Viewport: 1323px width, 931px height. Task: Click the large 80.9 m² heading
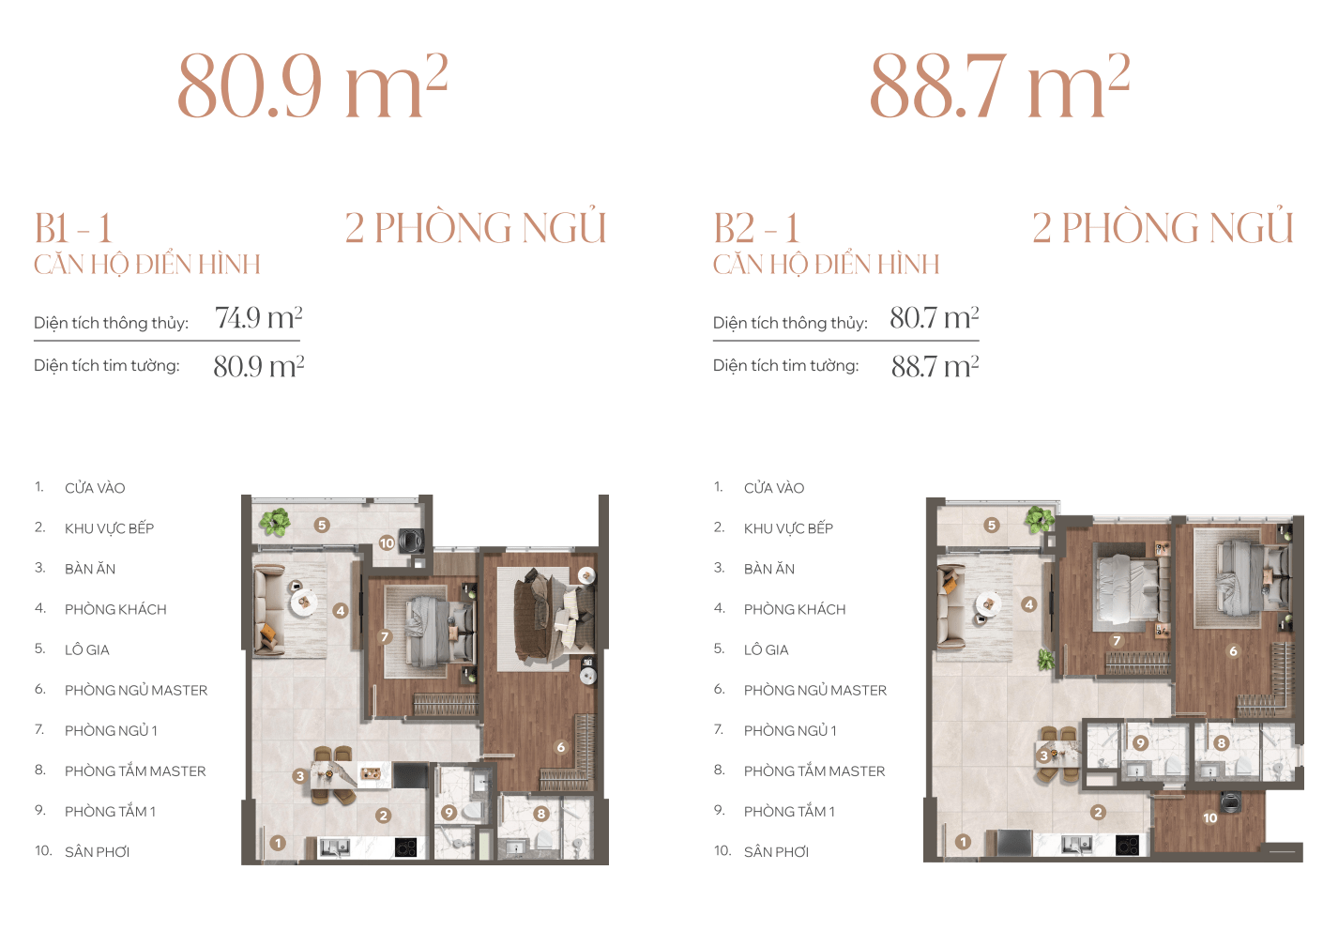pyautogui.click(x=312, y=86)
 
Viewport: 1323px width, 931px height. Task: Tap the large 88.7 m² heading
pyautogui.click(x=999, y=86)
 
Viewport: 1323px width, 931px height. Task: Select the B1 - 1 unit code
pyautogui.click(x=74, y=228)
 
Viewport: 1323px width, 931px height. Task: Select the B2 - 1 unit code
pyautogui.click(x=756, y=228)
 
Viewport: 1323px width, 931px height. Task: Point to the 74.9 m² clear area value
pyautogui.click(x=259, y=318)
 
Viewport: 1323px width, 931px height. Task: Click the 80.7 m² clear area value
pyautogui.click(x=935, y=318)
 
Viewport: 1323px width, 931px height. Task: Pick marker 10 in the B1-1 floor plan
pyautogui.click(x=387, y=542)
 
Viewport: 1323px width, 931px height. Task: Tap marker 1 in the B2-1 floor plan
pyautogui.click(x=964, y=842)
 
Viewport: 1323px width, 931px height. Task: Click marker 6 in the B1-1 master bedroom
pyautogui.click(x=561, y=747)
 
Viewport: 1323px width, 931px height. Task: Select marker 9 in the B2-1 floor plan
pyautogui.click(x=1140, y=743)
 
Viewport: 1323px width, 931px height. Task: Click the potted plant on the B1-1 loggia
pyautogui.click(x=275, y=522)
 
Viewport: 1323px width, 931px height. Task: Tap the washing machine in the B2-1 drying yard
pyautogui.click(x=1230, y=802)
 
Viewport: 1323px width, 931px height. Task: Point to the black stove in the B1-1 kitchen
pyautogui.click(x=405, y=847)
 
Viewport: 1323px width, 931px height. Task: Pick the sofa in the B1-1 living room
pyautogui.click(x=268, y=609)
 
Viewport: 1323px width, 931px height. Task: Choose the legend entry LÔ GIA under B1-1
pyautogui.click(x=87, y=649)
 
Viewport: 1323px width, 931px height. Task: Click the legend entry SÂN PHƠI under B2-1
pyautogui.click(x=776, y=852)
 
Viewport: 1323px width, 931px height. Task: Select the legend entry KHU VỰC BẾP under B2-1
pyautogui.click(x=788, y=528)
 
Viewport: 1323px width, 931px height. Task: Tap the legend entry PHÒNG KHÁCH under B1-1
pyautogui.click(x=115, y=609)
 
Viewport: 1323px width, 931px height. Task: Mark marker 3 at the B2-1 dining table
pyautogui.click(x=1043, y=756)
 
